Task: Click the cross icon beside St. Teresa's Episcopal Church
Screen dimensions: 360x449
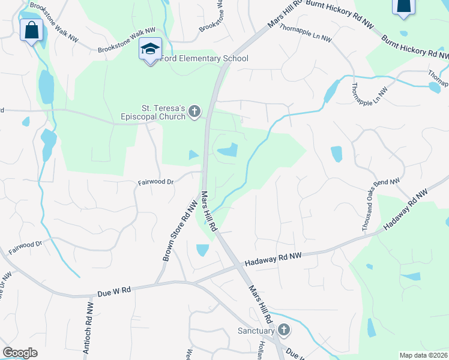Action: point(194,111)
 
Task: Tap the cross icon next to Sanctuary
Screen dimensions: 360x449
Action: point(283,330)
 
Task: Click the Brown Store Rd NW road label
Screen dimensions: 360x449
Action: point(179,230)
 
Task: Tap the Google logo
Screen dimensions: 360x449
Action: point(20,353)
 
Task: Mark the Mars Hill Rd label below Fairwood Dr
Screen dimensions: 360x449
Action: point(208,211)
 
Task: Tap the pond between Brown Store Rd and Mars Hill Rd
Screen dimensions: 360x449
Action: point(202,249)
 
